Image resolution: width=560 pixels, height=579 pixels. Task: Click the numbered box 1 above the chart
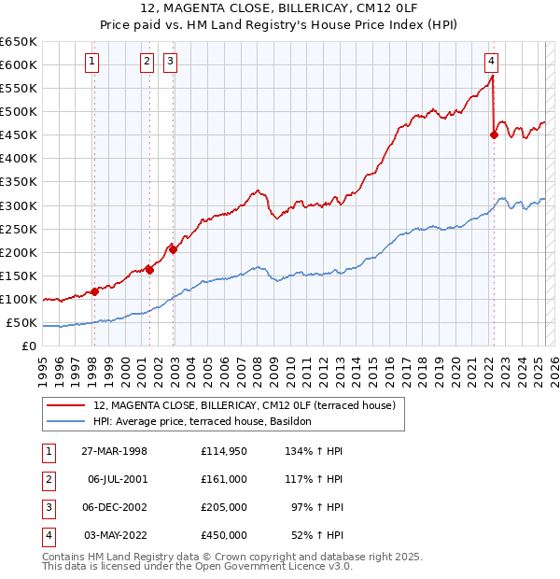click(x=93, y=63)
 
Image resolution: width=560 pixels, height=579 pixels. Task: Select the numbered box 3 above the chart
click(x=172, y=63)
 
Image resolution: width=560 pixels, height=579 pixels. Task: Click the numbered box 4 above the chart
click(x=491, y=63)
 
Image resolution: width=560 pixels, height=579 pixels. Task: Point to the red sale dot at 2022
click(x=494, y=134)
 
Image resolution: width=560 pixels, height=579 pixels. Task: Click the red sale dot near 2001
click(x=149, y=270)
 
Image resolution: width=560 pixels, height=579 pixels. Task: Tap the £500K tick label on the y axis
click(x=19, y=112)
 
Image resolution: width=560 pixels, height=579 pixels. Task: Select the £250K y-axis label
click(x=19, y=229)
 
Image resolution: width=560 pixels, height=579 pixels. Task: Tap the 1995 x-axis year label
click(x=43, y=369)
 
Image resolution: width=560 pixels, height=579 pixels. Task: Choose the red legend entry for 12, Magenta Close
click(x=245, y=405)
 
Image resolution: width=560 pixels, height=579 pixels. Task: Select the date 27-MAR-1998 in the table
click(x=114, y=452)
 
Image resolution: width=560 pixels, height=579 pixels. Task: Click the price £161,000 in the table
click(x=223, y=479)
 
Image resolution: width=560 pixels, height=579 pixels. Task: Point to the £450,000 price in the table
click(x=223, y=535)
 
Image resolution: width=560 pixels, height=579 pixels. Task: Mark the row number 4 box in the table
click(x=48, y=535)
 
